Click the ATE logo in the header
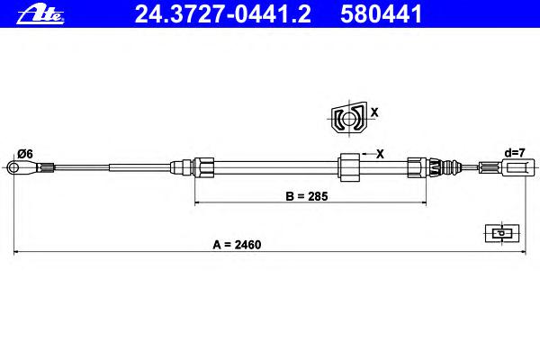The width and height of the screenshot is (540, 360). pyautogui.click(x=40, y=14)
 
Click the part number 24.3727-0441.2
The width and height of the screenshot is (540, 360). pyautogui.click(x=223, y=14)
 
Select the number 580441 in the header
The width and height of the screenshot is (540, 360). pyautogui.click(x=381, y=14)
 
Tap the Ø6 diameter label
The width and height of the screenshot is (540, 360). pyautogui.click(x=25, y=154)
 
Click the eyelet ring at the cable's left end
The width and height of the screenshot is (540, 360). pyautogui.click(x=13, y=167)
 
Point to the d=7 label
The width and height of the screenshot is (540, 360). pyautogui.click(x=515, y=152)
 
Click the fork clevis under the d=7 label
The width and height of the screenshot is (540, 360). pyautogui.click(x=515, y=167)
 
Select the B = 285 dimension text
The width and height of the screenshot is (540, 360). pyautogui.click(x=307, y=196)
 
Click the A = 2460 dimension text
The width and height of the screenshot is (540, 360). pyautogui.click(x=237, y=245)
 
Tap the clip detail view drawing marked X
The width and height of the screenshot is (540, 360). pyautogui.click(x=349, y=119)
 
